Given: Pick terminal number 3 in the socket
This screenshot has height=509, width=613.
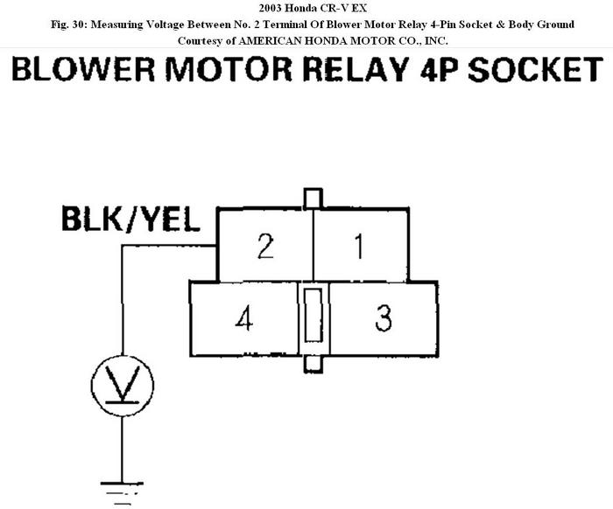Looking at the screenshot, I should click(383, 319).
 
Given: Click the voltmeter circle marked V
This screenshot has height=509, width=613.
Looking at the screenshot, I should click(123, 383).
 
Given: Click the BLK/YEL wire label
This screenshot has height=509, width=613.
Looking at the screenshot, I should click(130, 219).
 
